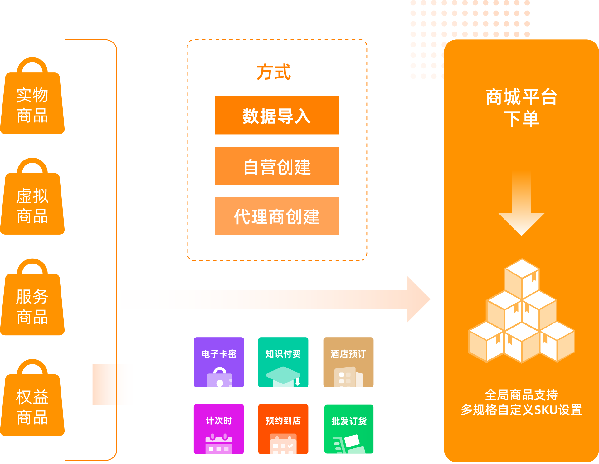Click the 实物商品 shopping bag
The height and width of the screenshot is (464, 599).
click(x=32, y=100)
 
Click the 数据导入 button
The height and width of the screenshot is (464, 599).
click(x=277, y=116)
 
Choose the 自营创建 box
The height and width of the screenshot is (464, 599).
click(x=277, y=166)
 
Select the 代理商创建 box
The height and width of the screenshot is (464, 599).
click(x=277, y=216)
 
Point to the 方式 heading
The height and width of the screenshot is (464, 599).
click(x=274, y=72)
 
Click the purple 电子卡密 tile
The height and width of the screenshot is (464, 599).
click(x=219, y=362)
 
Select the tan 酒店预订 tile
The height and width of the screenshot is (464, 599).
click(x=348, y=362)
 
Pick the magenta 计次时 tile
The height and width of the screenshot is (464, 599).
click(x=218, y=429)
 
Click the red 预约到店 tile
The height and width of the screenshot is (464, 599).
click(x=283, y=429)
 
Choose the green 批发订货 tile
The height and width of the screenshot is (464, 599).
click(x=349, y=429)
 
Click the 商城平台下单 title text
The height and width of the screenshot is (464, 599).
click(x=521, y=108)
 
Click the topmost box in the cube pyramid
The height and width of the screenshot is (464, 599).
click(x=522, y=278)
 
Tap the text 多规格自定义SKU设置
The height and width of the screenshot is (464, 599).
click(x=521, y=410)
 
